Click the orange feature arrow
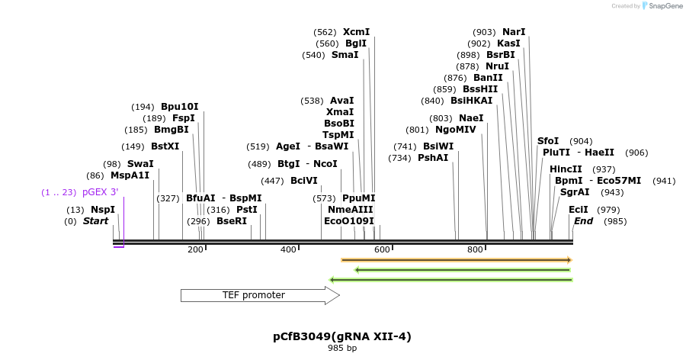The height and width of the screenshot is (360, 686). coord(456,260)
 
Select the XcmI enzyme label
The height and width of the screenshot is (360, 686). coord(356,32)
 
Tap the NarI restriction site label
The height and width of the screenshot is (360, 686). coord(514,32)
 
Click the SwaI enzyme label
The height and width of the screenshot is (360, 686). coord(140,164)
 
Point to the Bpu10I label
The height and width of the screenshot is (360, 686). coord(179,107)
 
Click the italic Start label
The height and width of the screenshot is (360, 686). coord(96,221)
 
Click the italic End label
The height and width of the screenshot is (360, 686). coord(584,221)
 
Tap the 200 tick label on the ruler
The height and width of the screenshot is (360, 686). coord(195,249)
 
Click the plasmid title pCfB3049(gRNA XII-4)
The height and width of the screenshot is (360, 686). coord(342,336)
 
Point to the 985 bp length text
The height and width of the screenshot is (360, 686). coord(342,348)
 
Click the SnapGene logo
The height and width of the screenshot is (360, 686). coord(662,6)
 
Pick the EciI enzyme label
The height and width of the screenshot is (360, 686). coord(579,210)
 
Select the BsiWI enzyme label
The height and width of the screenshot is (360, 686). coord(438,146)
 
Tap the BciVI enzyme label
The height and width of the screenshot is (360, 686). coord(304,181)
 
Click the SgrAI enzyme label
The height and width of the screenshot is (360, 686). coord(575,192)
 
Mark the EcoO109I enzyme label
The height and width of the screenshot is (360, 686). coord(349,221)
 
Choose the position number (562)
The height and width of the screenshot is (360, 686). coord(325,32)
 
